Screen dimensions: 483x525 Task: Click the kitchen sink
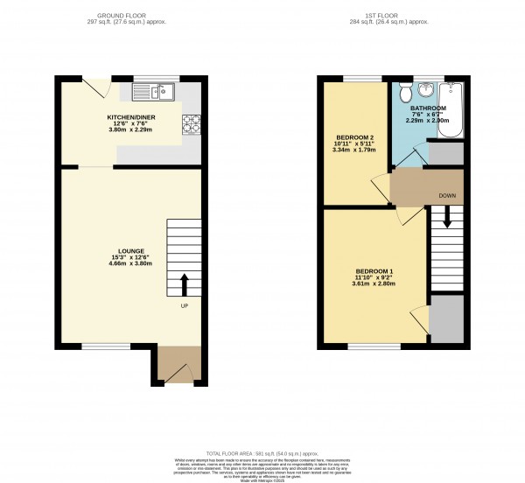click(x=154, y=90)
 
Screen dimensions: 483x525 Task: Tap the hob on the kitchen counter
click(x=191, y=124)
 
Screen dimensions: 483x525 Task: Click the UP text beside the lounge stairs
click(x=184, y=306)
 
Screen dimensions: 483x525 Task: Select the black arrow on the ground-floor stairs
click(x=184, y=284)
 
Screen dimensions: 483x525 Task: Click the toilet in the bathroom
click(x=403, y=93)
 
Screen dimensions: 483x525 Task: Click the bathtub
click(x=452, y=112)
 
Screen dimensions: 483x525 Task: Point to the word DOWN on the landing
click(x=446, y=195)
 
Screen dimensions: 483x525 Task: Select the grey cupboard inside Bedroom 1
click(x=446, y=318)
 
